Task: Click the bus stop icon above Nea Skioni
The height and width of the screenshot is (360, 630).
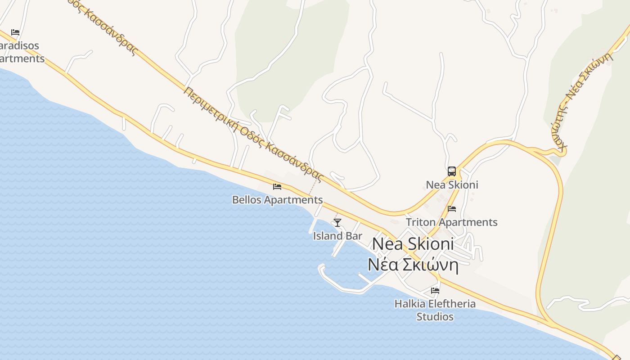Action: click(452, 171)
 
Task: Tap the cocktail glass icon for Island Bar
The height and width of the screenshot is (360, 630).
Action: click(337, 222)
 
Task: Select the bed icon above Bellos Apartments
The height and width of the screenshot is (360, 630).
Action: click(277, 186)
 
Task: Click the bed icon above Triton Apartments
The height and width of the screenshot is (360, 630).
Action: click(452, 208)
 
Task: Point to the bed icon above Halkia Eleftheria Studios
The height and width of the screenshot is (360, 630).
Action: click(435, 290)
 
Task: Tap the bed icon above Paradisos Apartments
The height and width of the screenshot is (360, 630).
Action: click(15, 32)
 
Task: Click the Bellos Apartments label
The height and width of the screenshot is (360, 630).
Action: click(277, 200)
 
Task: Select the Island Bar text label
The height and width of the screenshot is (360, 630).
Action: click(337, 236)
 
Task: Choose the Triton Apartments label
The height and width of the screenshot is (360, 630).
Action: click(452, 222)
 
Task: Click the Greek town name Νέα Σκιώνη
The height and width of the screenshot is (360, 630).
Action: click(413, 265)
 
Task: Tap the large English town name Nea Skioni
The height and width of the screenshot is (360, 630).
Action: click(413, 244)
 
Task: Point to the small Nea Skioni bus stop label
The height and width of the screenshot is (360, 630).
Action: click(452, 185)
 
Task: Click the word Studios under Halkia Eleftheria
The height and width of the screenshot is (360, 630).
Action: click(435, 317)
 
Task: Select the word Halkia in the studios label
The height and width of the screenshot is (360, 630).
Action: click(409, 304)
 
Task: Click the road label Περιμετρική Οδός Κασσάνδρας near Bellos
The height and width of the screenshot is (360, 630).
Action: click(254, 134)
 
